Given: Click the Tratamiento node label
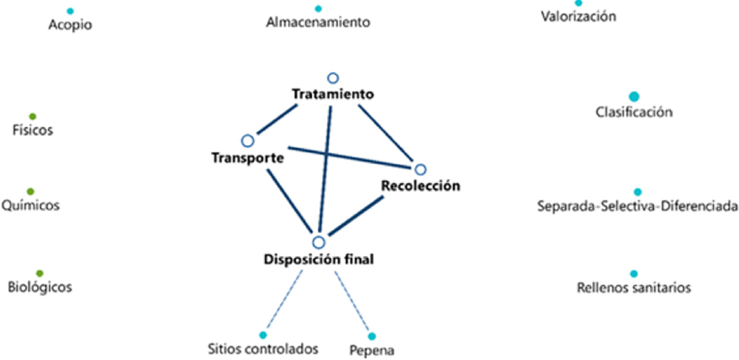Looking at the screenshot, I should pyautogui.click(x=333, y=94).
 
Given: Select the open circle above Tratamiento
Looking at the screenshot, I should pyautogui.click(x=333, y=78).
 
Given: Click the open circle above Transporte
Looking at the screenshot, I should pyautogui.click(x=247, y=140).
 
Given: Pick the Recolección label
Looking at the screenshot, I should pyautogui.click(x=420, y=186).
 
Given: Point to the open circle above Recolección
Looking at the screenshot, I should pyautogui.click(x=420, y=169).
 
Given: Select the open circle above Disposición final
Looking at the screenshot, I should pyautogui.click(x=319, y=243).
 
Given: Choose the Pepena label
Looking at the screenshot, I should pyautogui.click(x=372, y=350).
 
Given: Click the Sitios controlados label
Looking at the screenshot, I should pyautogui.click(x=263, y=348).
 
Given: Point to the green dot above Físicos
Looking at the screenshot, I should pyautogui.click(x=32, y=116).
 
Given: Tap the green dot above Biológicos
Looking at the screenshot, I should pyautogui.click(x=40, y=274).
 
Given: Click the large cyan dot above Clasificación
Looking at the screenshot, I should pyautogui.click(x=634, y=97).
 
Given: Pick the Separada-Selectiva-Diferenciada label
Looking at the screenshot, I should pyautogui.click(x=638, y=206).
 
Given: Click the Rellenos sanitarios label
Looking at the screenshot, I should pyautogui.click(x=634, y=288).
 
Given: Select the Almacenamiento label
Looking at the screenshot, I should pyautogui.click(x=318, y=23).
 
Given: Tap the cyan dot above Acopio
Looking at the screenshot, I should pyautogui.click(x=70, y=11).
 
